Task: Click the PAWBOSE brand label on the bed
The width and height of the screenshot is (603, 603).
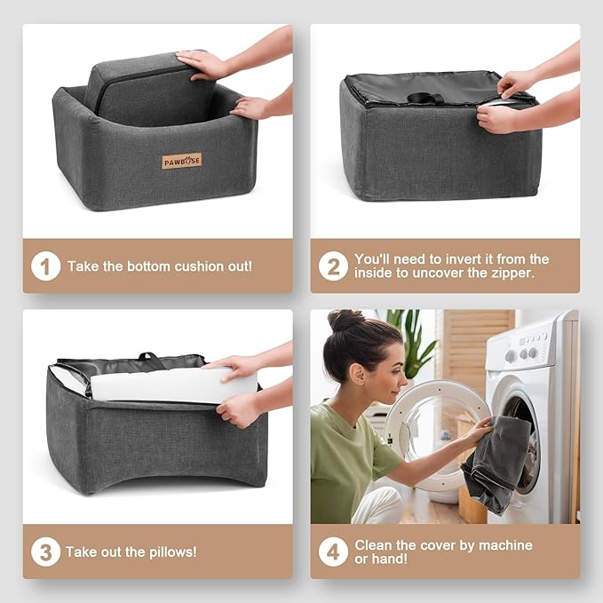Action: (x=181, y=161)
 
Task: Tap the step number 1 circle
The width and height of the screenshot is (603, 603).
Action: (x=46, y=266)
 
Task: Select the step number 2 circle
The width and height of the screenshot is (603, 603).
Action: (x=333, y=266)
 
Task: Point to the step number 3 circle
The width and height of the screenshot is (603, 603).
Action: (x=46, y=551)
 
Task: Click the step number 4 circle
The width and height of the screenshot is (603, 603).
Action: (x=333, y=551)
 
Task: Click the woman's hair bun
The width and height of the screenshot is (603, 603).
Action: (x=345, y=320)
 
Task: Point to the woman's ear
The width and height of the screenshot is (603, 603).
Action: (x=358, y=374)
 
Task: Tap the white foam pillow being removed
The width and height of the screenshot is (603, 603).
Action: (x=173, y=385)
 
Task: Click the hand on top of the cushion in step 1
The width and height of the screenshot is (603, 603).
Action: (x=200, y=64)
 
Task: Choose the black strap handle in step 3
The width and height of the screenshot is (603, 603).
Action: (x=151, y=359)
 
